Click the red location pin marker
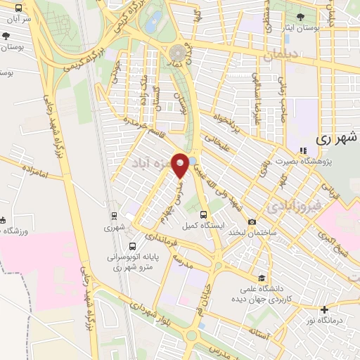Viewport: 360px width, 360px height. tap(181, 164)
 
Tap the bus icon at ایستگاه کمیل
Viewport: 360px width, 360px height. tap(203, 214)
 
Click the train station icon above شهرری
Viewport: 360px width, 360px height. tap(113, 215)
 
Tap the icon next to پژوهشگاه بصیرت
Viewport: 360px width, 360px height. tap(303, 150)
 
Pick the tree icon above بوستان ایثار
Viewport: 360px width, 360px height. tap(301, 15)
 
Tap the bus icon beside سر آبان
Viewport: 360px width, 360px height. tap(18, 8)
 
